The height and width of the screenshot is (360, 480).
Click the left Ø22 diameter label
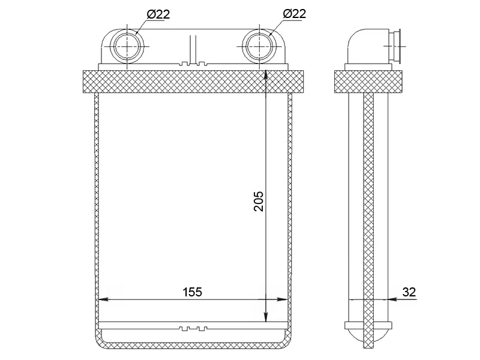(x=158, y=14)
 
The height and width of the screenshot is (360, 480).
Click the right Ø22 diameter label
(x=294, y=13)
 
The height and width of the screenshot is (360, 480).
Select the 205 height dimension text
(x=259, y=201)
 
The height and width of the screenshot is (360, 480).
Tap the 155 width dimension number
(x=192, y=292)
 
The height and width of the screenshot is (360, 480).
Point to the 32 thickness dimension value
(x=409, y=292)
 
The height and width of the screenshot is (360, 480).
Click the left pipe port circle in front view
(x=128, y=46)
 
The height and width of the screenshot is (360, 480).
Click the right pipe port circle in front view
(x=259, y=46)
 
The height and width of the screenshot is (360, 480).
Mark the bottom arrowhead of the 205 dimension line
(x=266, y=317)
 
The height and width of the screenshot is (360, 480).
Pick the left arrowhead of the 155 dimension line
(x=103, y=299)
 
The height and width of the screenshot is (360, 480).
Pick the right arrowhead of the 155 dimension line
(x=282, y=299)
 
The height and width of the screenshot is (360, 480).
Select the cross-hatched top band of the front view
(x=193, y=82)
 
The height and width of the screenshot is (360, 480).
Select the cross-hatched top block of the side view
(x=368, y=82)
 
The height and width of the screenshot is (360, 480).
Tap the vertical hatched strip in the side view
(x=368, y=220)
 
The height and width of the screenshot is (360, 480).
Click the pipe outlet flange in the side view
(x=395, y=47)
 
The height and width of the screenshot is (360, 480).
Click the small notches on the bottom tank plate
(x=193, y=329)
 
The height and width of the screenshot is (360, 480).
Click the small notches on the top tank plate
(x=193, y=64)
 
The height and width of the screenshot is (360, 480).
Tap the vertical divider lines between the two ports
(x=193, y=50)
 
